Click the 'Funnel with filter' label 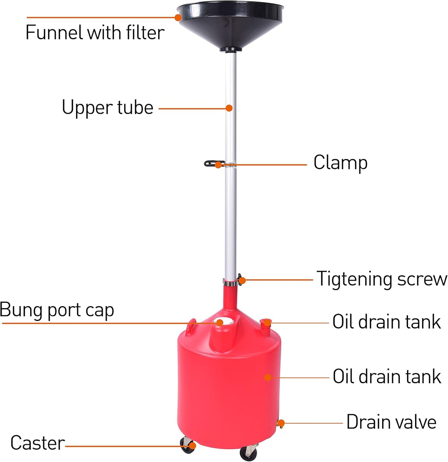(x=95, y=33)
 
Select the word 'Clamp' (x=340, y=163)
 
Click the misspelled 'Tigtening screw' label (x=382, y=279)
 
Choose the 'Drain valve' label (x=391, y=422)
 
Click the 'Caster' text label (x=38, y=443)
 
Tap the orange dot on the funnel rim (x=178, y=17)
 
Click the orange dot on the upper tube (x=229, y=108)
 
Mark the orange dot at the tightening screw (x=242, y=281)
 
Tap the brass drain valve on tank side (x=281, y=424)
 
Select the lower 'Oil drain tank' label (x=387, y=377)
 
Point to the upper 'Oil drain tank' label (x=386, y=322)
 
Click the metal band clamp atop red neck (x=230, y=282)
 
